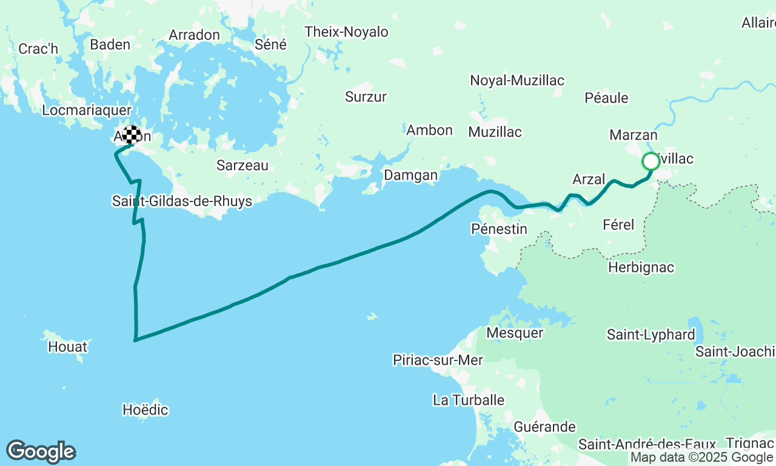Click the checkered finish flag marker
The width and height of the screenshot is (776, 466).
132,134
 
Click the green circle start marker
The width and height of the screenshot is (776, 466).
651,161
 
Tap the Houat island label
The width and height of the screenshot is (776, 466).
68,347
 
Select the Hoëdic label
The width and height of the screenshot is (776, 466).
145,410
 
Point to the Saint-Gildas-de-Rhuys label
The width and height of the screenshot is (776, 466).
182,201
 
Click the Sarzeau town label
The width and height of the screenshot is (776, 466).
242,165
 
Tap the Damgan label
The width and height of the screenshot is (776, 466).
410,175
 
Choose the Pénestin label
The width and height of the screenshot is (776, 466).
499,229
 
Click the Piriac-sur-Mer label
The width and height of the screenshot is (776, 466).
438,360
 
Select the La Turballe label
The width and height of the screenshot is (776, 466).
469,400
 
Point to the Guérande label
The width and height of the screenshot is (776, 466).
544,427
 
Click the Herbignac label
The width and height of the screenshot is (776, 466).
641,268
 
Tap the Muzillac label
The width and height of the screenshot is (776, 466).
495,132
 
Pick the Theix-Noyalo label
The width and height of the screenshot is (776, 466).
346,32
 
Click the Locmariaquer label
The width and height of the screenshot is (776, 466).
87,110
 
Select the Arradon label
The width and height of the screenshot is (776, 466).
194,35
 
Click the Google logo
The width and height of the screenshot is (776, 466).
41,452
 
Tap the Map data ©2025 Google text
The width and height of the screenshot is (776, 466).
701,458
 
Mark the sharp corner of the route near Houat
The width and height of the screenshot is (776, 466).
135,340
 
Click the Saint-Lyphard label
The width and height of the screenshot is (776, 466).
651,335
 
